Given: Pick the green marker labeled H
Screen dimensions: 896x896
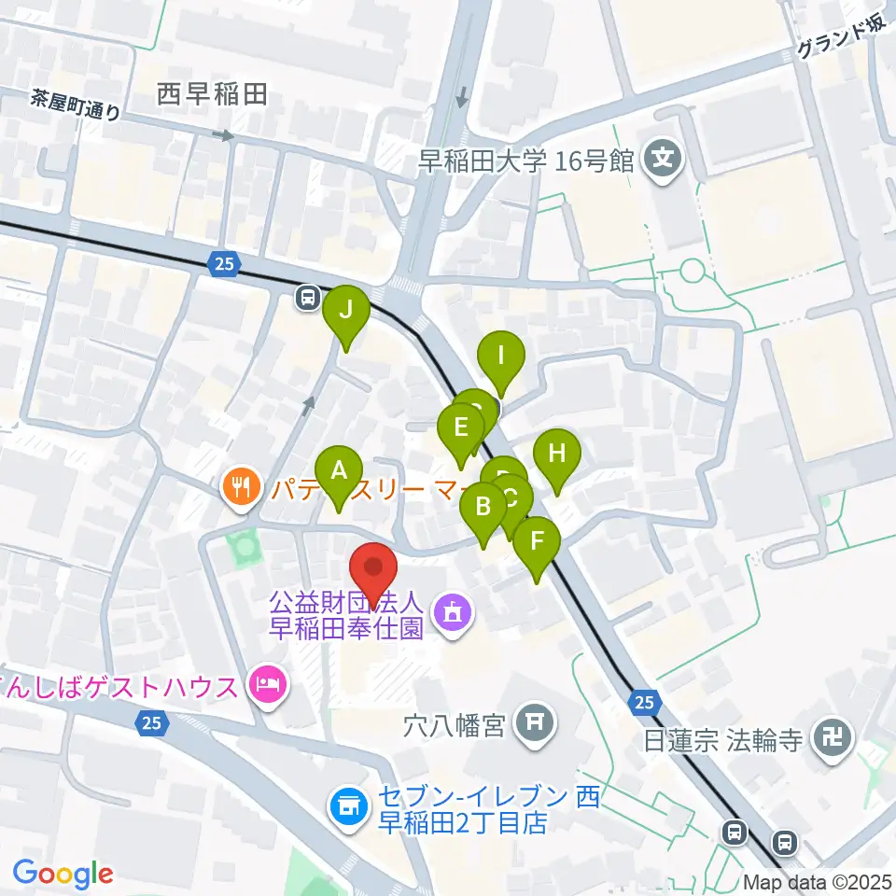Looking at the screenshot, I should click(557, 455).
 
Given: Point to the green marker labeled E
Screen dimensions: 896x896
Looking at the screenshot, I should click(461, 429).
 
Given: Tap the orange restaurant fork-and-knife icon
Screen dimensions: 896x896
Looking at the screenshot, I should click(241, 486).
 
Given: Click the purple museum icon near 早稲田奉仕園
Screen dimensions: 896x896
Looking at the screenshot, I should click(454, 614).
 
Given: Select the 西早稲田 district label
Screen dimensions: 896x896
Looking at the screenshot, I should click(212, 93).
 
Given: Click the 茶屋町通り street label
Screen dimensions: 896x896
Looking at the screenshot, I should click(75, 105).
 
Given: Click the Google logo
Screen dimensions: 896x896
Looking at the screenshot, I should click(63, 873).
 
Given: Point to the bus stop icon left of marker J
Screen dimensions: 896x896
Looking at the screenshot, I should click(305, 298).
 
